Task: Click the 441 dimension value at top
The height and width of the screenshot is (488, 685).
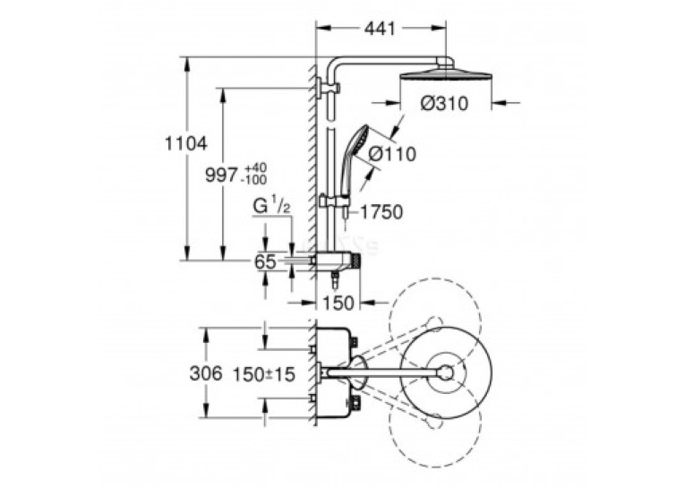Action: (x=379, y=29)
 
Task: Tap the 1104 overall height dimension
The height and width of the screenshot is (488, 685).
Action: (x=186, y=143)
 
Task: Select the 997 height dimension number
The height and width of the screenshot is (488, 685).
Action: (x=222, y=176)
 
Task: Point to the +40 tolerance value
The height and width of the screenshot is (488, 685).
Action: (x=256, y=168)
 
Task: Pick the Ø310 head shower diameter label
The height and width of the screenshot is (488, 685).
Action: (x=444, y=104)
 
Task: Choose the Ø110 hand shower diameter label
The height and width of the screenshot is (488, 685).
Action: (x=392, y=154)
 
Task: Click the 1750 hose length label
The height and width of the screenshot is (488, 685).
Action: (x=381, y=212)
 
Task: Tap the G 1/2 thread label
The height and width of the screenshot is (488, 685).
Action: (x=271, y=205)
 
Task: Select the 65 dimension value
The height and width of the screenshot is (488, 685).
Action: (x=266, y=262)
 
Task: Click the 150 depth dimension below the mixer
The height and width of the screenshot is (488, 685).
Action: (x=338, y=303)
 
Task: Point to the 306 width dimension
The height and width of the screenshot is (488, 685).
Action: (x=206, y=373)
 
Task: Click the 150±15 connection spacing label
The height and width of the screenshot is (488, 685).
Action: (x=264, y=374)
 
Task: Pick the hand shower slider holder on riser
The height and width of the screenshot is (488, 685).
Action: (x=334, y=201)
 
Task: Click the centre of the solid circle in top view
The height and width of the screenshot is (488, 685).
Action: (x=446, y=372)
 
